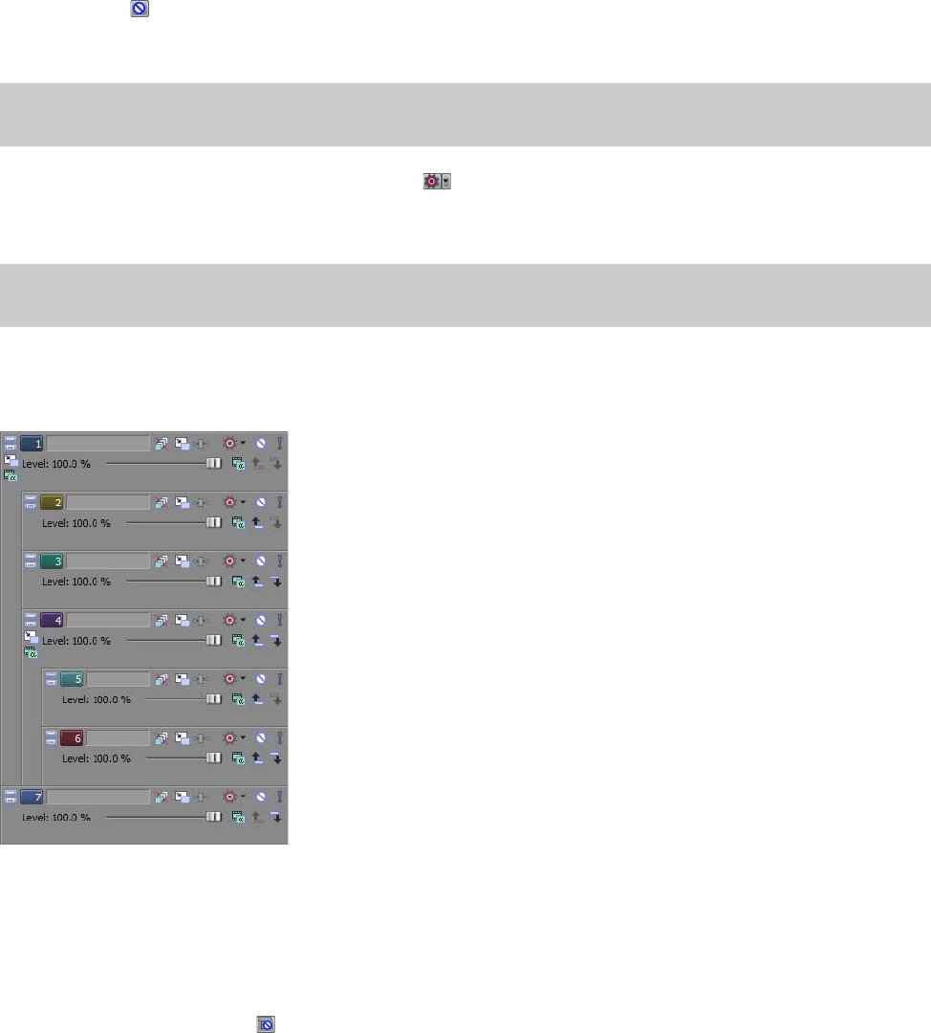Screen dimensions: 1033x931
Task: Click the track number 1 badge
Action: (x=32, y=443)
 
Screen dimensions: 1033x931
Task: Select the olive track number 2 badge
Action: (x=52, y=502)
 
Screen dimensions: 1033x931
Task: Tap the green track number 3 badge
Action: (x=52, y=560)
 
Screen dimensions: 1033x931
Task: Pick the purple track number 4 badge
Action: (x=52, y=619)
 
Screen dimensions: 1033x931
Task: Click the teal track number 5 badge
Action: (x=72, y=678)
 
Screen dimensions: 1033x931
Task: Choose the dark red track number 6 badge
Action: (x=72, y=737)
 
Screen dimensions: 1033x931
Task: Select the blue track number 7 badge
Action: (x=32, y=796)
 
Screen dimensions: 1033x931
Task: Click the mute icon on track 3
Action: (x=261, y=560)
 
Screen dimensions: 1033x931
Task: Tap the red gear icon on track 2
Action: (x=228, y=502)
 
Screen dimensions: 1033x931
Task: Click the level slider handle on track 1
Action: (x=214, y=464)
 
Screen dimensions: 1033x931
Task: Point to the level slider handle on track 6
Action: (x=214, y=758)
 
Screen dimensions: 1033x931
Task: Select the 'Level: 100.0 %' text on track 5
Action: (x=97, y=699)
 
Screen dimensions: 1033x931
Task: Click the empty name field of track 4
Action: (x=108, y=619)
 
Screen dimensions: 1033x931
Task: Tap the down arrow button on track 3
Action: (x=276, y=582)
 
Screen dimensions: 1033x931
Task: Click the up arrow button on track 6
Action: (x=257, y=758)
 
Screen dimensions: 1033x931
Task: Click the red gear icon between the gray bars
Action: (x=431, y=181)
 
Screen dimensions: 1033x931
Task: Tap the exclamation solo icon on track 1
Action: (x=280, y=443)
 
